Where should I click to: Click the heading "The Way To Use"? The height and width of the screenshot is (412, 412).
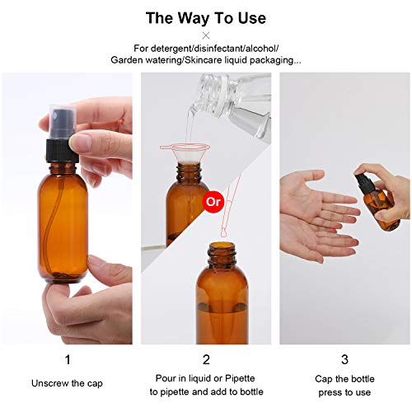[206, 17]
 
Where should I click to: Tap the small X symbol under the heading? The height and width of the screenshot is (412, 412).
[206, 35]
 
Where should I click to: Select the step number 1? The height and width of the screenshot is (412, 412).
[67, 359]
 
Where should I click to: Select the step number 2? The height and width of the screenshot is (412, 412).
[206, 359]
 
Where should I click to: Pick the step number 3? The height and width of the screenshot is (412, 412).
[344, 359]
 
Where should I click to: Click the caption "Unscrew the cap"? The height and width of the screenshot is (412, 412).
[67, 383]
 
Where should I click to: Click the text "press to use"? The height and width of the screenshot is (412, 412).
[344, 393]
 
